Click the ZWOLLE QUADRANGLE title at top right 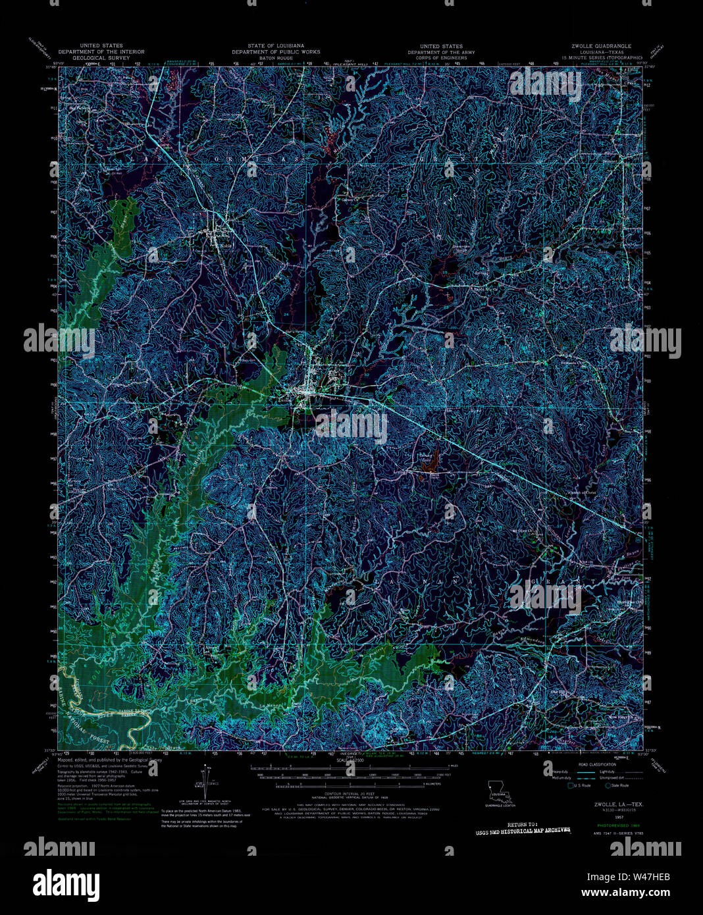[601, 46]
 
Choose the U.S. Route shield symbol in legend [571, 785]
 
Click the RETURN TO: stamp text [523, 823]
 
